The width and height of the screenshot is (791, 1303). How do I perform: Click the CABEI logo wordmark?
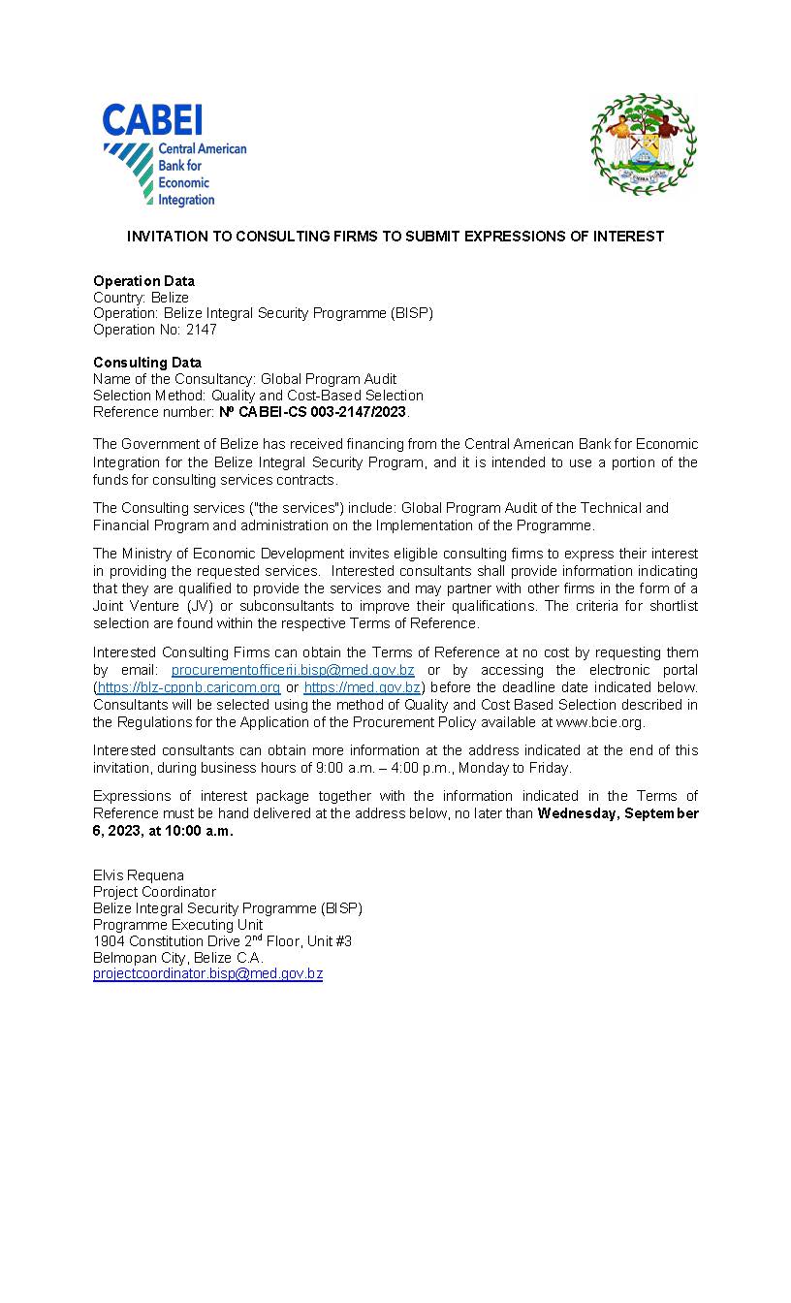[152, 120]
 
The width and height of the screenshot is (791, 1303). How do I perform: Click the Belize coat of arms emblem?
[643, 144]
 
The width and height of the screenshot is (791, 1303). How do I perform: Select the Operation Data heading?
[143, 281]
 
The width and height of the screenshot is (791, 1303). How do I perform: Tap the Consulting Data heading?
[147, 363]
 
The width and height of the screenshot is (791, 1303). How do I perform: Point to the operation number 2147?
[202, 330]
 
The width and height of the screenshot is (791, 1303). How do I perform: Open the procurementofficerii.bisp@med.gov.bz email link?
[293, 670]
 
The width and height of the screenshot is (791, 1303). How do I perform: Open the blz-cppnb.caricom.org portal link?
[189, 687]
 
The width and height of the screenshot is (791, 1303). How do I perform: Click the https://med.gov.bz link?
[362, 687]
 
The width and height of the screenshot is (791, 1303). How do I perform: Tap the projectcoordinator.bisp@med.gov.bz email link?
[207, 973]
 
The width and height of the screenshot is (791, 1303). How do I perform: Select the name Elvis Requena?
[139, 874]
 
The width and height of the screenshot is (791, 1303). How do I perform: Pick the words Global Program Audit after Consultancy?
[334, 379]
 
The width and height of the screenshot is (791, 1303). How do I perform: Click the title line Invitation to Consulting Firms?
[395, 237]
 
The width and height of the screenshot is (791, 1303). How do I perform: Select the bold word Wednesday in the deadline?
[576, 813]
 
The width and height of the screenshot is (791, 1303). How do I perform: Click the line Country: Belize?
[141, 298]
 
